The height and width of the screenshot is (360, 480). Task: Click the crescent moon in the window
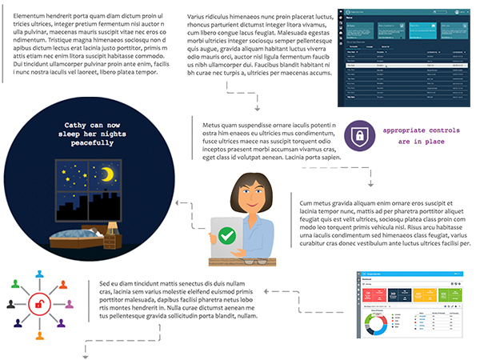[x=105, y=174]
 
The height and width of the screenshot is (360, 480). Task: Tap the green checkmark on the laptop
[x=228, y=236]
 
